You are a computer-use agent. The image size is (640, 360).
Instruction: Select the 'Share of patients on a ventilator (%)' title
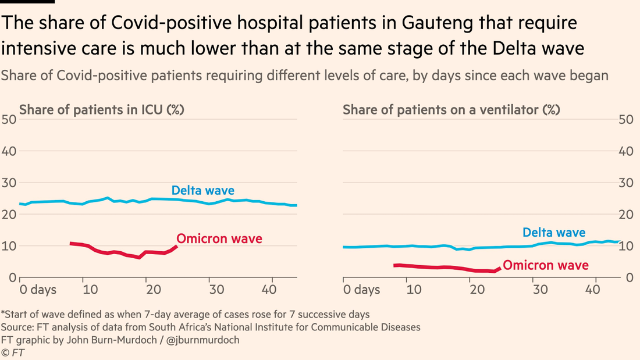pos(451,109)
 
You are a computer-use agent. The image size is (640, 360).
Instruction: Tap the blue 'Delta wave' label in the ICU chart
pos(202,190)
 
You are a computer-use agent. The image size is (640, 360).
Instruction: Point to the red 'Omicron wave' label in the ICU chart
pos(219,238)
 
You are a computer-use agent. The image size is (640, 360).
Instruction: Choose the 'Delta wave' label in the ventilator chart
pos(554,233)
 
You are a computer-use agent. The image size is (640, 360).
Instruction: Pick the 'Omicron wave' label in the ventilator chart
pos(545,266)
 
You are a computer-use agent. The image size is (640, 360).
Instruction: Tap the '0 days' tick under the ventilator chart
pos(361,289)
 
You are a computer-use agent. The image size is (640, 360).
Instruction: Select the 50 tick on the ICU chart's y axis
pos(10,120)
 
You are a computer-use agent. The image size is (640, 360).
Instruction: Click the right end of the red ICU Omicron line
pos(176,246)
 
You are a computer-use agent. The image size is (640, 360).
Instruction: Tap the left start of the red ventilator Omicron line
pos(395,265)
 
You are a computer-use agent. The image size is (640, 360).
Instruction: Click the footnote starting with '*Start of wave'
pos(184,315)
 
